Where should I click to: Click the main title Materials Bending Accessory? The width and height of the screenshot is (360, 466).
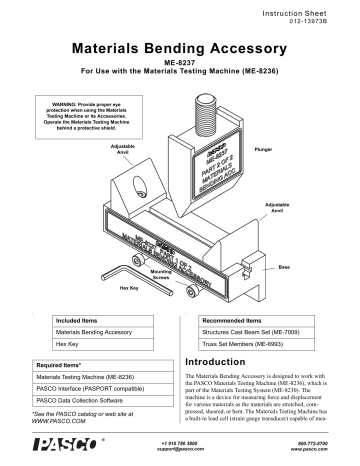(x=180, y=47)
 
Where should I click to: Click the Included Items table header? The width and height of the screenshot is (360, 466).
(x=81, y=321)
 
